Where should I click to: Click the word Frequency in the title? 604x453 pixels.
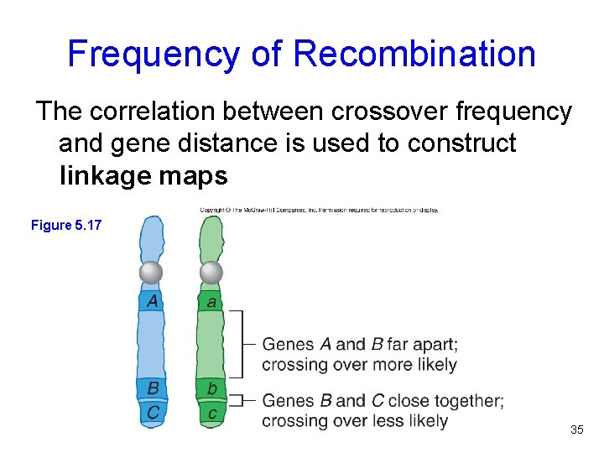click(x=154, y=54)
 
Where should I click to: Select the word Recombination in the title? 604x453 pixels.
click(x=415, y=54)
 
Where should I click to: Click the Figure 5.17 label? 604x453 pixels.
click(x=65, y=225)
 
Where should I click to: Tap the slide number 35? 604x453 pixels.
click(x=576, y=430)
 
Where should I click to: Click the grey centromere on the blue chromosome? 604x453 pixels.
click(x=151, y=273)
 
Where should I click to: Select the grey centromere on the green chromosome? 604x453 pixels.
click(x=211, y=273)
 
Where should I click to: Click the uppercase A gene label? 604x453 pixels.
click(x=152, y=300)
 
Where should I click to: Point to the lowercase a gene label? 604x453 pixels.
click(x=211, y=301)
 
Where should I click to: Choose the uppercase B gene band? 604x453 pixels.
click(x=153, y=388)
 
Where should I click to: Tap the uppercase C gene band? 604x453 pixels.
click(x=153, y=412)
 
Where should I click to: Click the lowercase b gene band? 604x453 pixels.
click(x=211, y=388)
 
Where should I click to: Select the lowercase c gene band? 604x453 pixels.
click(x=211, y=412)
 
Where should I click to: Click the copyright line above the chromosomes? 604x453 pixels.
click(x=319, y=210)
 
